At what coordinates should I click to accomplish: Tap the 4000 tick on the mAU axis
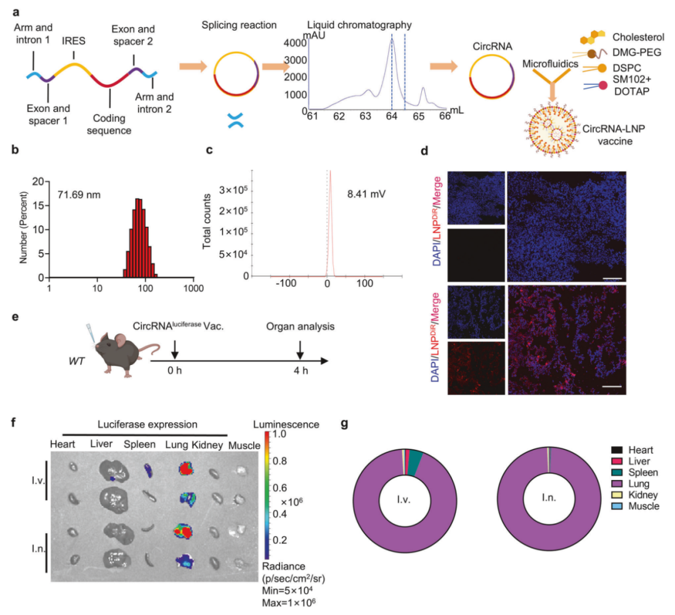coord(293,44)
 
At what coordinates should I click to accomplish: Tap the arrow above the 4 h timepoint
coord(300,349)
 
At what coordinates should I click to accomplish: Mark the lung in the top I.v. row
coord(186,469)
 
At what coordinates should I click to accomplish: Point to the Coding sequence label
coord(109,124)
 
